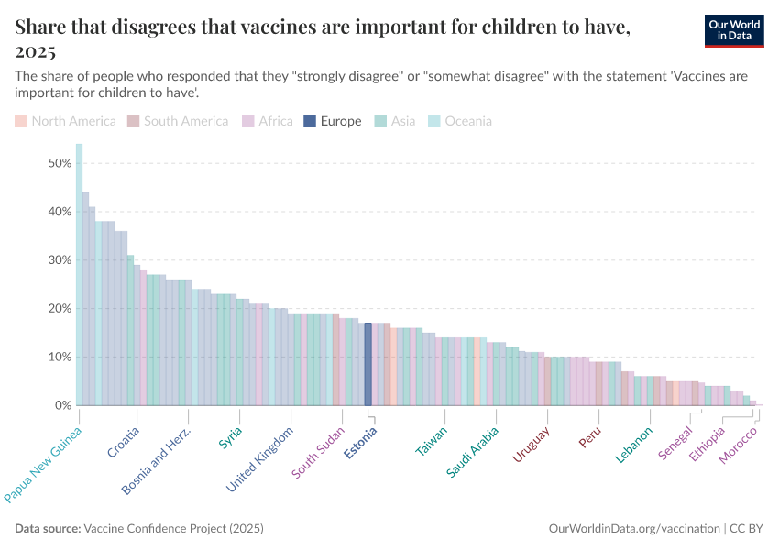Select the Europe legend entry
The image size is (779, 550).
pyautogui.click(x=334, y=121)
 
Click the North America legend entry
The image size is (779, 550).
pyautogui.click(x=66, y=121)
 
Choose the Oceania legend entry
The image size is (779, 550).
pyautogui.click(x=461, y=121)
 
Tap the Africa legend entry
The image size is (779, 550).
pyautogui.click(x=268, y=121)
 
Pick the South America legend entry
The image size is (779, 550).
pyautogui.click(x=178, y=121)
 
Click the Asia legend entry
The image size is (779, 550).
pyautogui.click(x=395, y=121)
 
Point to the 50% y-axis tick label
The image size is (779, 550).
pyautogui.click(x=60, y=163)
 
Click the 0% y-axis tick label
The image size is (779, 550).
pyautogui.click(x=63, y=405)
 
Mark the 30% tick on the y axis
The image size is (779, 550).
pyautogui.click(x=60, y=260)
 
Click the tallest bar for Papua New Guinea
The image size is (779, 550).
pyautogui.click(x=79, y=274)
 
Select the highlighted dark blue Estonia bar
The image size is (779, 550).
pyautogui.click(x=368, y=364)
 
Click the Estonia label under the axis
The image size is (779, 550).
pyautogui.click(x=360, y=440)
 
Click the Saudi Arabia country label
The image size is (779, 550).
pyautogui.click(x=473, y=451)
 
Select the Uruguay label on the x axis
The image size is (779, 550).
pyautogui.click(x=531, y=445)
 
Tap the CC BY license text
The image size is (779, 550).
pyautogui.click(x=747, y=529)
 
